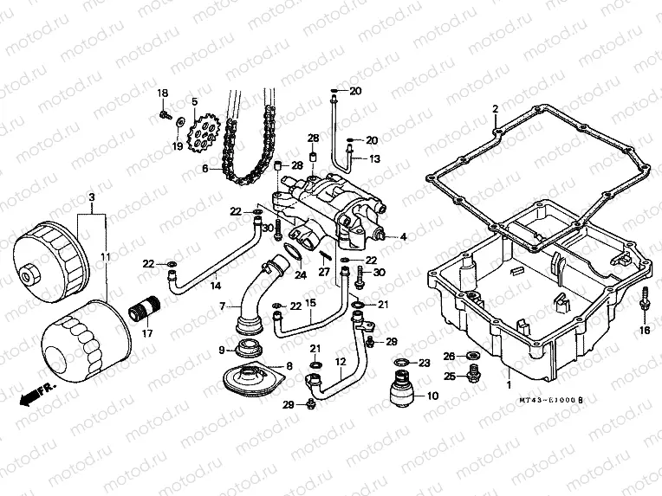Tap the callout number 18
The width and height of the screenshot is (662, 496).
tap(162, 93)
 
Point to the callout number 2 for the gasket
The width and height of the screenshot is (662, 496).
tap(495, 109)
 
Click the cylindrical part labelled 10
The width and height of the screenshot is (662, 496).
tap(402, 387)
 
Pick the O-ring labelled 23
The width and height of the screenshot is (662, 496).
tap(402, 362)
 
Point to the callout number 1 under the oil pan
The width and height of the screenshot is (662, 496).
tap(509, 384)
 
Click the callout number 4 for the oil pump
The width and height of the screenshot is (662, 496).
tap(402, 235)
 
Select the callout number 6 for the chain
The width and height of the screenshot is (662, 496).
tap(205, 169)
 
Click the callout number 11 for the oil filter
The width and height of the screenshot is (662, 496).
tap(105, 257)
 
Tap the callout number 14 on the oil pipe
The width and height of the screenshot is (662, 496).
tap(215, 285)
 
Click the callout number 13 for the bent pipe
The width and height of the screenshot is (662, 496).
tap(375, 159)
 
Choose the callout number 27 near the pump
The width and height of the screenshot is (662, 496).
tap(325, 272)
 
